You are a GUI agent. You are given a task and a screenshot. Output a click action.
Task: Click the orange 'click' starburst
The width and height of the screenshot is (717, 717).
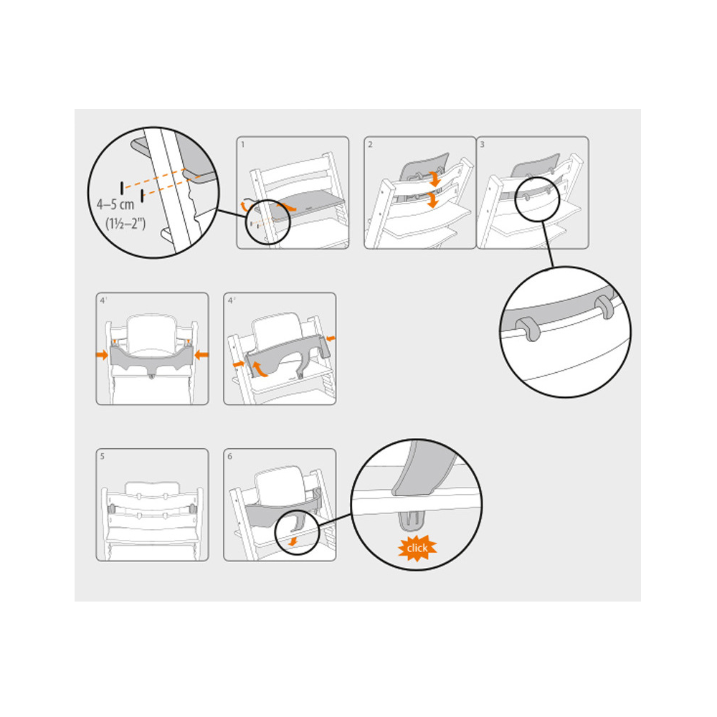tap(417, 547)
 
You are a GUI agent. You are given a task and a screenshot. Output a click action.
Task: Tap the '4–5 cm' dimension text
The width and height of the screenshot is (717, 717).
tap(115, 204)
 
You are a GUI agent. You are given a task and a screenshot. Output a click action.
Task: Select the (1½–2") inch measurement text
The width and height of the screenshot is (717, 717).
tap(125, 224)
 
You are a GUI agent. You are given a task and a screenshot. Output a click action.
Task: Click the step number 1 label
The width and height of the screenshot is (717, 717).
tap(243, 145)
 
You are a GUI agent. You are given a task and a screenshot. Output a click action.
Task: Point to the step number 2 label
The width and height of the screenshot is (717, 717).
tap(371, 145)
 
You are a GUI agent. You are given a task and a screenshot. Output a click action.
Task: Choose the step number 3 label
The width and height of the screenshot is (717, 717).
tap(482, 145)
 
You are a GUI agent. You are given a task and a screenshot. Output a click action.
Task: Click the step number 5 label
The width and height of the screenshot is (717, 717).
tap(103, 456)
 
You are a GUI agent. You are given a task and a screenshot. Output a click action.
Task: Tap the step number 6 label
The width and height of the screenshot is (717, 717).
tap(230, 456)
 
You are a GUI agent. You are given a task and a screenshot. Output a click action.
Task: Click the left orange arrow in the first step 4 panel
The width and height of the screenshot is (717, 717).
tap(102, 354)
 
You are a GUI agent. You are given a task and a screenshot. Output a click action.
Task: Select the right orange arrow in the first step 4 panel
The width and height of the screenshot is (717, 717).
tap(201, 354)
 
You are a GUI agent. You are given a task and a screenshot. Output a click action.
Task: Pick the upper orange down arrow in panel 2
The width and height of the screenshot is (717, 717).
tap(435, 179)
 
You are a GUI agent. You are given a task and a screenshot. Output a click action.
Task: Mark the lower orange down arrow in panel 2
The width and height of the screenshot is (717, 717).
tap(432, 200)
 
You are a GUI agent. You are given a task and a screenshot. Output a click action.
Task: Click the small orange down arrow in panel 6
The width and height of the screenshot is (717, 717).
tap(293, 541)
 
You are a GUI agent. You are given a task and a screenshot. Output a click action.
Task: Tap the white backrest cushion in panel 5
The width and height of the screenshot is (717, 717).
tap(152, 488)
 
